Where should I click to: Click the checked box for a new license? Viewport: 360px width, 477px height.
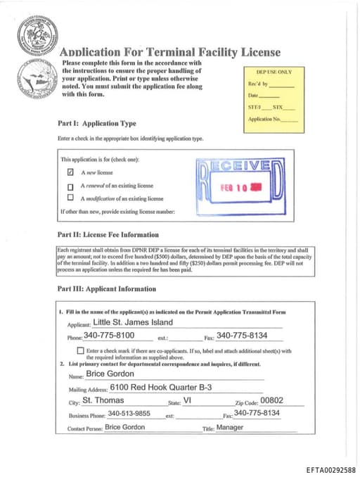click(70, 172)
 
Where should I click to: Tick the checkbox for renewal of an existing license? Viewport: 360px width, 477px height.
click(70, 186)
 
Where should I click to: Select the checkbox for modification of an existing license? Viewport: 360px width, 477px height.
click(70, 198)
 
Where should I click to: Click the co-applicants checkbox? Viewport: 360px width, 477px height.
click(81, 350)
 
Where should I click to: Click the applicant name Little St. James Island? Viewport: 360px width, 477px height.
click(132, 322)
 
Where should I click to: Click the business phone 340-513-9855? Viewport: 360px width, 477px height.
click(129, 413)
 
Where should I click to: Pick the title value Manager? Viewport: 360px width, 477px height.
click(230, 427)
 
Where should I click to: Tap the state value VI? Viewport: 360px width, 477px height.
click(187, 400)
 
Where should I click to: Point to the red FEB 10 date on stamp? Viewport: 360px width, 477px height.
click(236, 188)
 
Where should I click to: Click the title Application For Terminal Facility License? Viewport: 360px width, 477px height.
click(170, 52)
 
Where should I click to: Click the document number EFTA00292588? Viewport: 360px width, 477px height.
click(330, 469)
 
